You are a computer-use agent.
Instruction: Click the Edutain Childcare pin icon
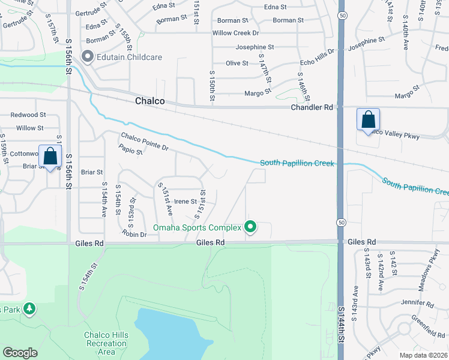click(88, 57)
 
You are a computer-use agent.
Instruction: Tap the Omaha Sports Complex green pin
click(251, 227)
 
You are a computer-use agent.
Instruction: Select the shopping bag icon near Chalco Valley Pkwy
click(368, 119)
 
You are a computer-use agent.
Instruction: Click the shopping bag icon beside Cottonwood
click(51, 156)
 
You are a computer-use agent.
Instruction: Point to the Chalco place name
click(149, 101)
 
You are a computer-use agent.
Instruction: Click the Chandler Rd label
click(311, 107)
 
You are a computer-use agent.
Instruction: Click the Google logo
click(20, 353)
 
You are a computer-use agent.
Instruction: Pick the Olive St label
click(237, 63)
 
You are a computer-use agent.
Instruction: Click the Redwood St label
click(28, 115)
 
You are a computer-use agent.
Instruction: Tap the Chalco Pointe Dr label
click(145, 141)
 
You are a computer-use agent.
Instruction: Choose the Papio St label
click(131, 152)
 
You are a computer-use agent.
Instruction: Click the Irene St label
click(185, 202)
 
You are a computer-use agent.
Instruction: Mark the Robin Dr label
click(134, 234)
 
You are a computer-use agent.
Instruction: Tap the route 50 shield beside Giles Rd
click(340, 223)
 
